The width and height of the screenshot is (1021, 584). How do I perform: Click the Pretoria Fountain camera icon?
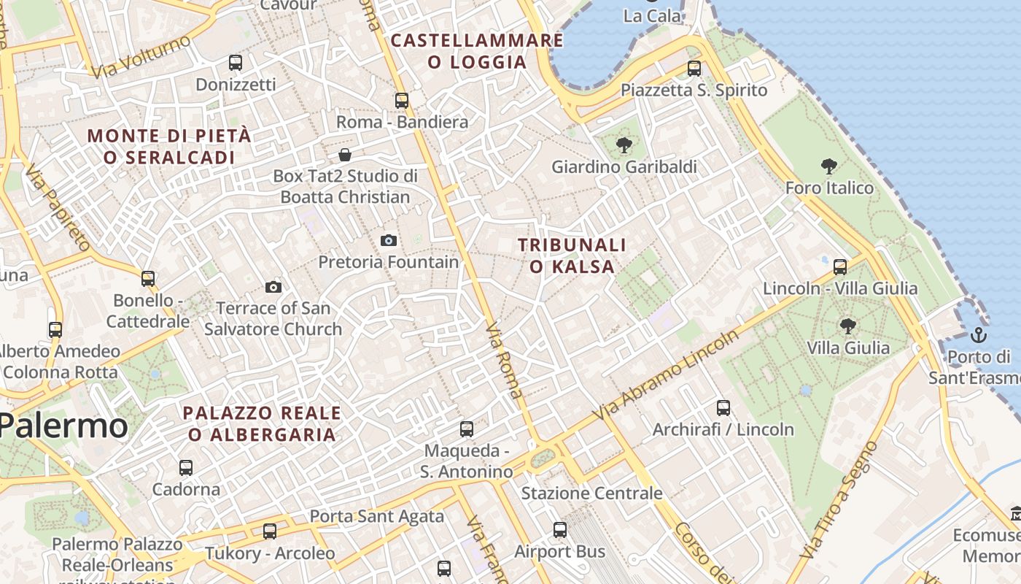click(x=389, y=240)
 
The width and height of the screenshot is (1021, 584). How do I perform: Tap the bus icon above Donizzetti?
click(x=235, y=63)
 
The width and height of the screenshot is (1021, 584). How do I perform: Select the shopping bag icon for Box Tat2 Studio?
click(x=345, y=155)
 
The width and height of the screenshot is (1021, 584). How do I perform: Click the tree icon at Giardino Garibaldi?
click(x=624, y=145)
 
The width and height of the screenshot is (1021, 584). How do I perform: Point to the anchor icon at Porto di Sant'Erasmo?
click(x=979, y=335)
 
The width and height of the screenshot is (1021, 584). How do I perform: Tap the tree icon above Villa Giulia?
click(x=847, y=326)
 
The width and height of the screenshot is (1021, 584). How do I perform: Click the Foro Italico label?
click(x=829, y=188)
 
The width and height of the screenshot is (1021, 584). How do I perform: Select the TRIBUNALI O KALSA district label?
click(x=572, y=255)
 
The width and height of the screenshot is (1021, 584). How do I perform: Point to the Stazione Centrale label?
click(x=591, y=493)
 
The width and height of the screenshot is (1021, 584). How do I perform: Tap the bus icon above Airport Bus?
click(x=560, y=530)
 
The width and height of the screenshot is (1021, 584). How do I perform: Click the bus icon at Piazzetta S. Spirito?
click(x=694, y=69)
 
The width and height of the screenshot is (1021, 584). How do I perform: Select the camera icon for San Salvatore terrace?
click(x=273, y=287)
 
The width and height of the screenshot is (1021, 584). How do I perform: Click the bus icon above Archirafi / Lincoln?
click(x=723, y=407)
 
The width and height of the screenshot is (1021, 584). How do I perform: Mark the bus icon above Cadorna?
click(x=186, y=467)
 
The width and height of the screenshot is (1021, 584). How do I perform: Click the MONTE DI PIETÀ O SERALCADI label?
click(x=169, y=146)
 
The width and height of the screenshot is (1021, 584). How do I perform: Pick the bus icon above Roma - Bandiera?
click(x=402, y=100)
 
